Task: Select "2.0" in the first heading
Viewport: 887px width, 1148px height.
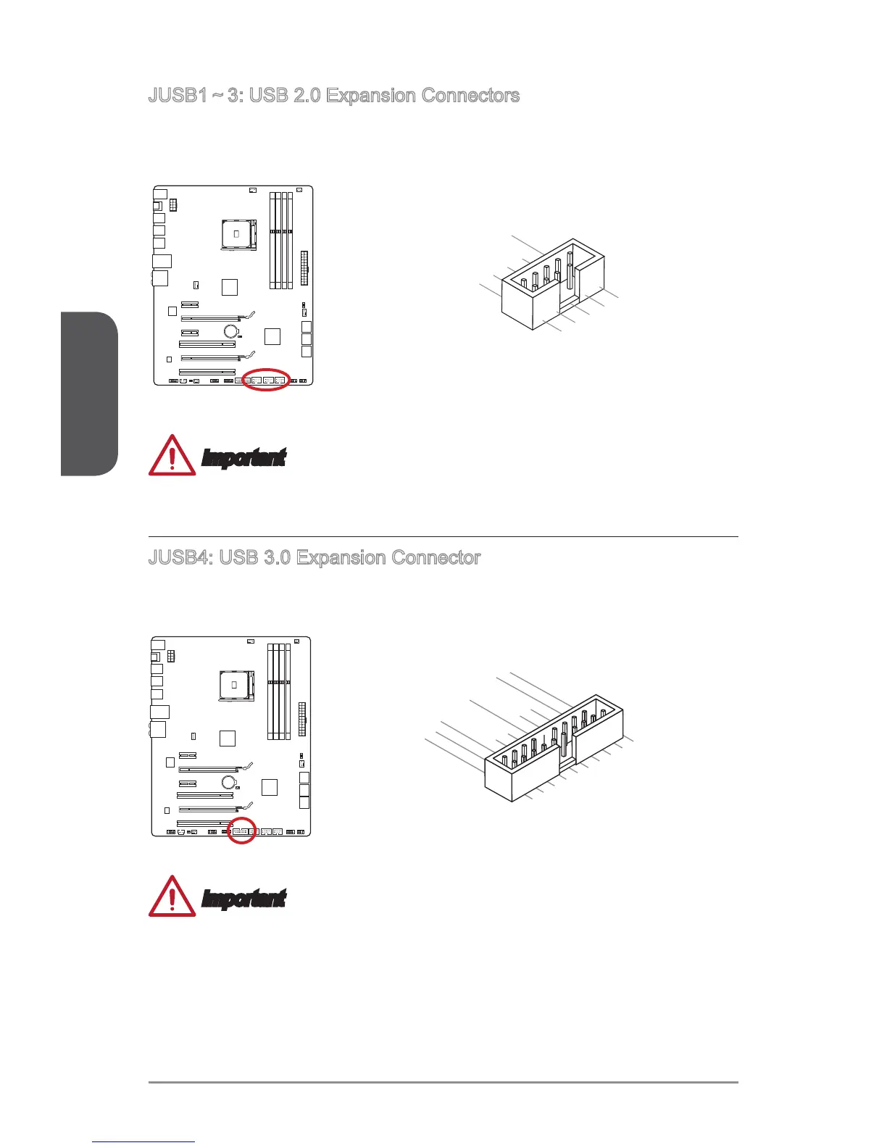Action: pyautogui.click(x=304, y=96)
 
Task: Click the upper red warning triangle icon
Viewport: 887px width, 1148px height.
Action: pyautogui.click(x=172, y=456)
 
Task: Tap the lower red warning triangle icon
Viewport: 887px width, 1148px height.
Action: pyautogui.click(x=172, y=897)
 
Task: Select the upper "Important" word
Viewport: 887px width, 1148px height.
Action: pyautogui.click(x=243, y=458)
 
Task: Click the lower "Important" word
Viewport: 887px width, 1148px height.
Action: pyautogui.click(x=243, y=899)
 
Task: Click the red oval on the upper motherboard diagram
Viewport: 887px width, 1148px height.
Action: pyautogui.click(x=266, y=380)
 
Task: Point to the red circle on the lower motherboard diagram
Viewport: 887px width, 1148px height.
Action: pyautogui.click(x=242, y=831)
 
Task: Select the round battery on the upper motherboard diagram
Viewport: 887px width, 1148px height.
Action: pyautogui.click(x=231, y=331)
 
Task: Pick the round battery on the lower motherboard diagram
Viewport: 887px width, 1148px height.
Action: pyautogui.click(x=229, y=782)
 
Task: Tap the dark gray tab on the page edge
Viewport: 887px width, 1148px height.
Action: pyautogui.click(x=89, y=394)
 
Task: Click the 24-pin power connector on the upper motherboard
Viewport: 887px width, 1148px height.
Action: pyautogui.click(x=303, y=269)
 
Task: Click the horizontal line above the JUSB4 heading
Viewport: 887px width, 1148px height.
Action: pyautogui.click(x=443, y=537)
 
